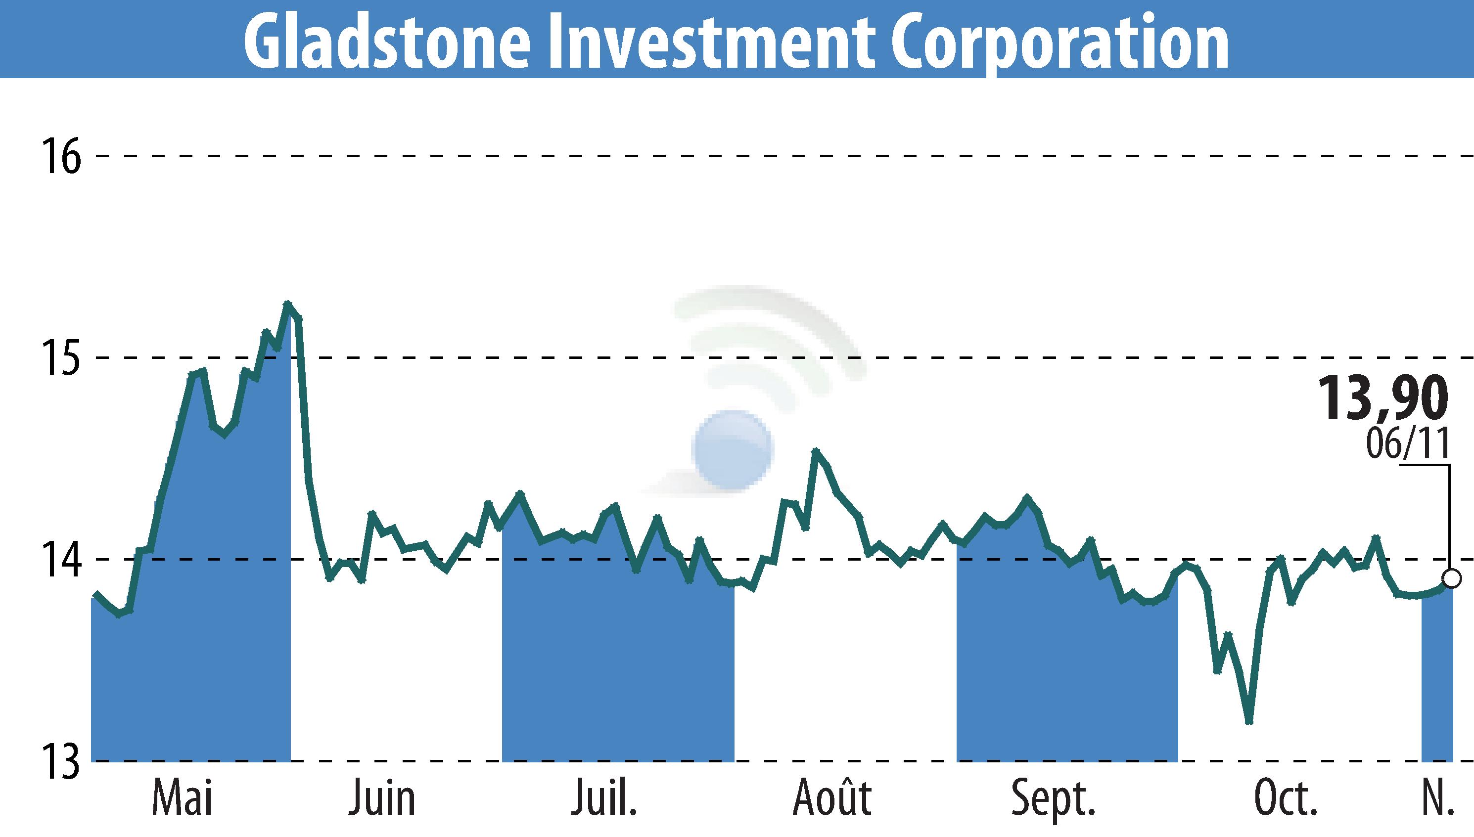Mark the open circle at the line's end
click(1452, 578)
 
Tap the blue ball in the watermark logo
click(733, 450)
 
